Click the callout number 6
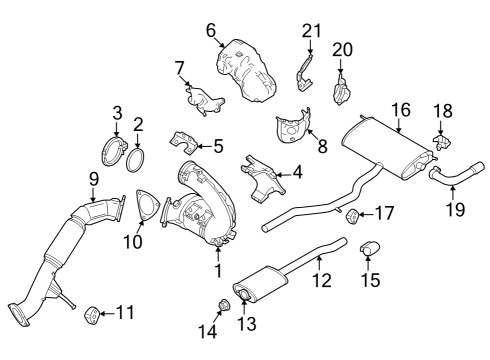point(212,31)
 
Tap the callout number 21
point(310,31)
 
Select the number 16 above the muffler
point(401,109)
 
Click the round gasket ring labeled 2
point(140,157)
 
